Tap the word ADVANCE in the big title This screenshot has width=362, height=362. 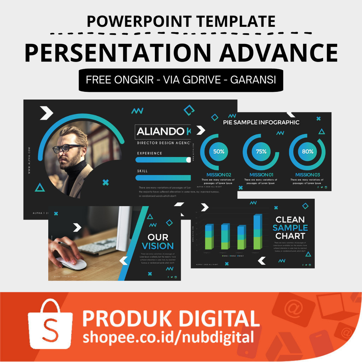(279, 52)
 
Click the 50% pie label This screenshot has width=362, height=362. (218, 151)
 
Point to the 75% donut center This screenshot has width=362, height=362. (261, 151)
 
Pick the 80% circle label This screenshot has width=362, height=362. (307, 151)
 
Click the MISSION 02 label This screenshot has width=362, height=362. (218, 175)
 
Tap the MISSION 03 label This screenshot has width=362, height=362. (307, 175)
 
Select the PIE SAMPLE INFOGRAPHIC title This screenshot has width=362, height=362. (261, 123)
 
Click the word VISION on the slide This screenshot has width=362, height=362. (158, 246)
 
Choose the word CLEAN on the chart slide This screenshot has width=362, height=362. (290, 220)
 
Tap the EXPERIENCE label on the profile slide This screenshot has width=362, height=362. (150, 153)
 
